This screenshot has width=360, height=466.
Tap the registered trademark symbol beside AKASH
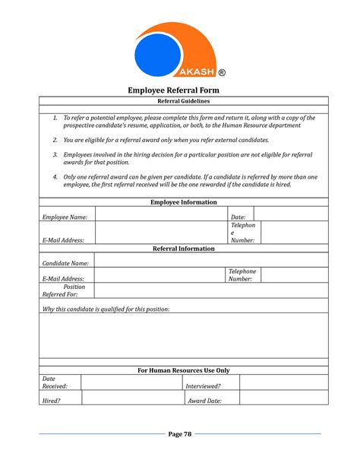pyautogui.click(x=221, y=73)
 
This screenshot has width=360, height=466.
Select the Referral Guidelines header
pyautogui.click(x=183, y=101)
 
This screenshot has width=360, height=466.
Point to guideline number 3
pyautogui.click(x=55, y=154)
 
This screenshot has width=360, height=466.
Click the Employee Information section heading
pyautogui.click(x=183, y=202)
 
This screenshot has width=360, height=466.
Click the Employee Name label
pyautogui.click(x=65, y=217)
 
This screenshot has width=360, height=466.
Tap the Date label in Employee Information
pyautogui.click(x=238, y=217)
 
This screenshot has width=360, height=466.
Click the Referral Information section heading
pyautogui.click(x=183, y=249)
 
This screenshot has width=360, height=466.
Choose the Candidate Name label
pyautogui.click(x=65, y=263)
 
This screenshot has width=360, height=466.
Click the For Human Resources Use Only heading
pyautogui.click(x=183, y=370)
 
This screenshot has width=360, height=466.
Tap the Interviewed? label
pyautogui.click(x=204, y=386)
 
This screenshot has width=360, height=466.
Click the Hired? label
pyautogui.click(x=51, y=401)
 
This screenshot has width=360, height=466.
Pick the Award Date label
pyautogui.click(x=204, y=401)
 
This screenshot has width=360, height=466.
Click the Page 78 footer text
pyautogui.click(x=180, y=434)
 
